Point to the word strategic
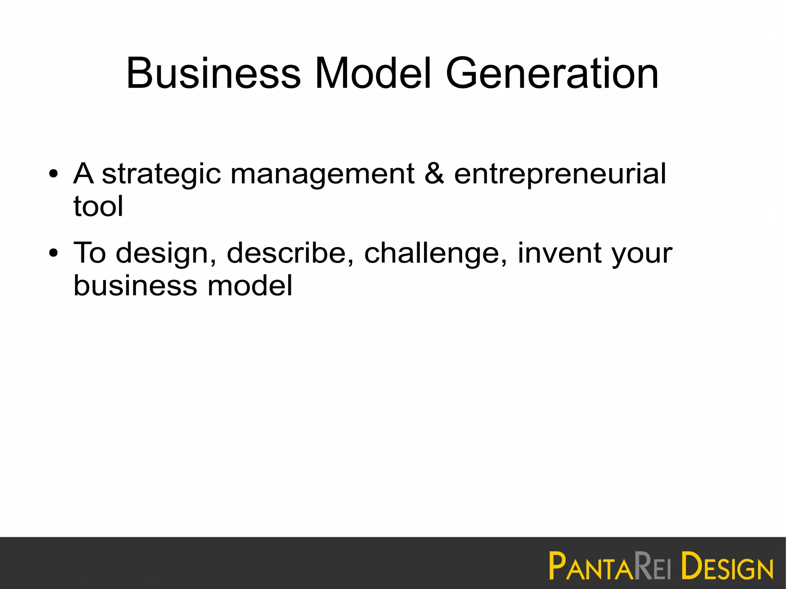pos(161,175)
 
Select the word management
pos(322,175)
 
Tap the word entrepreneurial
pos(560,175)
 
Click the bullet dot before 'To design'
pos(54,253)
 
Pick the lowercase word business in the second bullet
pos(135,285)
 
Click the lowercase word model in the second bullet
pos(250,285)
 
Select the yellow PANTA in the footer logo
pos(591,566)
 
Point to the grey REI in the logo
pos(652,566)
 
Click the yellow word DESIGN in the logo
pos(727,566)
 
